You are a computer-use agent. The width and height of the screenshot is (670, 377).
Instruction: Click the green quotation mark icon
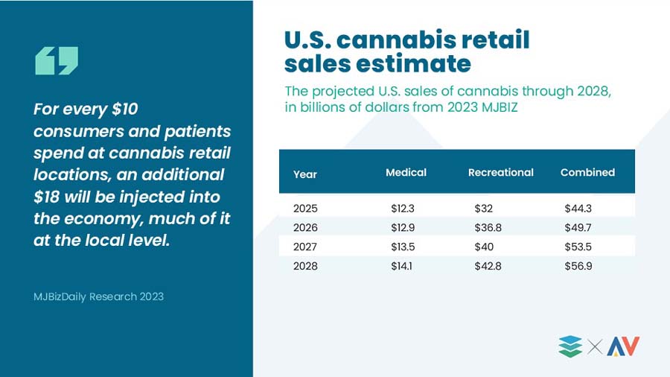pyautogui.click(x=57, y=60)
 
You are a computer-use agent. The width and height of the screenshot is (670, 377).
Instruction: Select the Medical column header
pyautogui.click(x=406, y=172)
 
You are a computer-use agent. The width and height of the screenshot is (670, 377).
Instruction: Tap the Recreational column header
pyautogui.click(x=501, y=172)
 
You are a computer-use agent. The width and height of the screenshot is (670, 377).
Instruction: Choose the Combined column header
pyautogui.click(x=587, y=172)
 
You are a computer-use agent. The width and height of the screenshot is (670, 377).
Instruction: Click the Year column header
pyautogui.click(x=305, y=174)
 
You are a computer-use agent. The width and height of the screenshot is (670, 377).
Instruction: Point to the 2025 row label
pyautogui.click(x=305, y=208)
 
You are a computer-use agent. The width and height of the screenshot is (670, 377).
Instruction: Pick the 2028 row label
pyautogui.click(x=305, y=266)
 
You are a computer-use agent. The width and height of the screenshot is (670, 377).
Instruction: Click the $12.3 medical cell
pyautogui.click(x=403, y=208)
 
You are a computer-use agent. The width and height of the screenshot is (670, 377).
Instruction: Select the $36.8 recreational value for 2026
pyautogui.click(x=488, y=227)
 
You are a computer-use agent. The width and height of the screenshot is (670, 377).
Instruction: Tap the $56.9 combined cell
pyautogui.click(x=578, y=266)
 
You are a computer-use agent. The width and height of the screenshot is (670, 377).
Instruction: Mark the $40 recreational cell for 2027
pyautogui.click(x=484, y=247)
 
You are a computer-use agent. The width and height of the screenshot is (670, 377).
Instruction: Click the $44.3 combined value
pyautogui.click(x=578, y=208)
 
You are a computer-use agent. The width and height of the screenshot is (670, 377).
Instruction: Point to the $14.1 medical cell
pyautogui.click(x=401, y=266)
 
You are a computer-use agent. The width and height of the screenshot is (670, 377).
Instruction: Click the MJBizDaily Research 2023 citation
pyautogui.click(x=99, y=297)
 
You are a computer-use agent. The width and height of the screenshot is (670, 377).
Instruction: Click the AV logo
pyautogui.click(x=623, y=346)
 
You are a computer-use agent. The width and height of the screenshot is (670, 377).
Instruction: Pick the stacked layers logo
pyautogui.click(x=570, y=346)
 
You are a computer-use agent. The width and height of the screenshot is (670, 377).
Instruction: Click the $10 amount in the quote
pyautogui.click(x=125, y=109)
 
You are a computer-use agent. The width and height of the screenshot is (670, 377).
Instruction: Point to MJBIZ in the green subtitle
pyautogui.click(x=500, y=107)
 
